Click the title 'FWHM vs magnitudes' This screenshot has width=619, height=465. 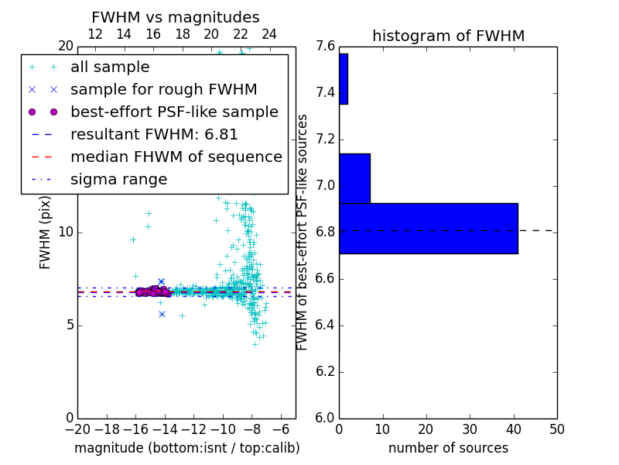pyautogui.click(x=175, y=17)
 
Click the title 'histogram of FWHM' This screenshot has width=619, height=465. pyautogui.click(x=448, y=36)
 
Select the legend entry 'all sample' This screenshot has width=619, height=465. pyautogui.click(x=110, y=67)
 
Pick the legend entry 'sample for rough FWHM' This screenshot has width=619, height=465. pyautogui.click(x=163, y=89)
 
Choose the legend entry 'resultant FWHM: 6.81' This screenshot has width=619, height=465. pyautogui.click(x=154, y=134)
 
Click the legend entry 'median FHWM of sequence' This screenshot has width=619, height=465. pyautogui.click(x=176, y=157)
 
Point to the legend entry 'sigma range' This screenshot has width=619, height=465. pyautogui.click(x=118, y=180)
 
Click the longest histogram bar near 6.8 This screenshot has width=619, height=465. pyautogui.click(x=428, y=228)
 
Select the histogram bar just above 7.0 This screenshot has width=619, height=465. pyautogui.click(x=354, y=178)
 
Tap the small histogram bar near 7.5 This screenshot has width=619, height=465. pyautogui.click(x=343, y=78)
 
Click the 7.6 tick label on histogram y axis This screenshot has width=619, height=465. pyautogui.click(x=325, y=46)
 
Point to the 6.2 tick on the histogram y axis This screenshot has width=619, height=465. pyautogui.click(x=325, y=371)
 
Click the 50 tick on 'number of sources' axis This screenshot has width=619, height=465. pyautogui.click(x=556, y=429)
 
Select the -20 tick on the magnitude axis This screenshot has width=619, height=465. pyautogui.click(x=77, y=429)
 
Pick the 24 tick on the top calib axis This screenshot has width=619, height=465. pyautogui.click(x=269, y=34)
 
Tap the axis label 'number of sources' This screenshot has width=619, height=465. pyautogui.click(x=448, y=448)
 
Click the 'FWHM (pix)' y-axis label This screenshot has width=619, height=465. pyautogui.click(x=46, y=230)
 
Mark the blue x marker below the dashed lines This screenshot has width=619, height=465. pyautogui.click(x=161, y=314)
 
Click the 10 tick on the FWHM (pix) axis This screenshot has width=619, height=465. pyautogui.click(x=66, y=232)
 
